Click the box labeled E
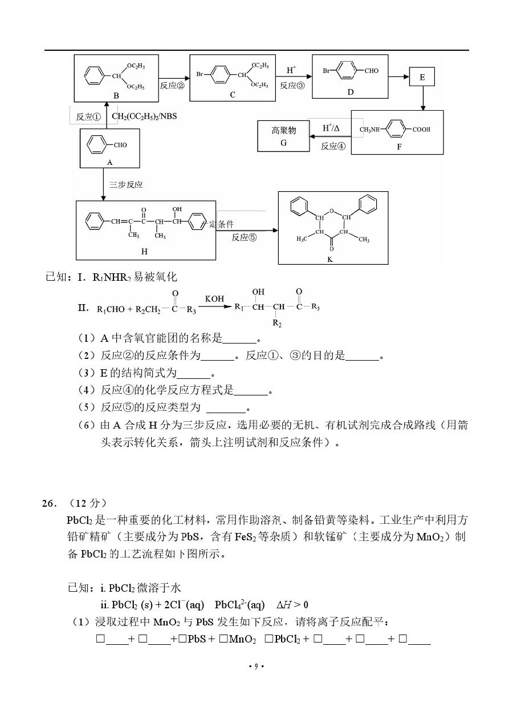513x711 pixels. click(x=422, y=77)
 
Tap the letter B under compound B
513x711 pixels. click(x=116, y=96)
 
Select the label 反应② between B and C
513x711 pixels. click(x=172, y=86)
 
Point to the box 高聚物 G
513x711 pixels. click(x=283, y=136)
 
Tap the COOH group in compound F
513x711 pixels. click(x=421, y=130)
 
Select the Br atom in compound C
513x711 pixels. click(x=200, y=74)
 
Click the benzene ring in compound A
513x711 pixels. click(x=96, y=145)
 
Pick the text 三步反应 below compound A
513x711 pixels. click(x=126, y=185)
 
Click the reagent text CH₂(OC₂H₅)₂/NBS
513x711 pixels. click(x=144, y=116)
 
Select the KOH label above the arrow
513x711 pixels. click(x=215, y=298)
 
